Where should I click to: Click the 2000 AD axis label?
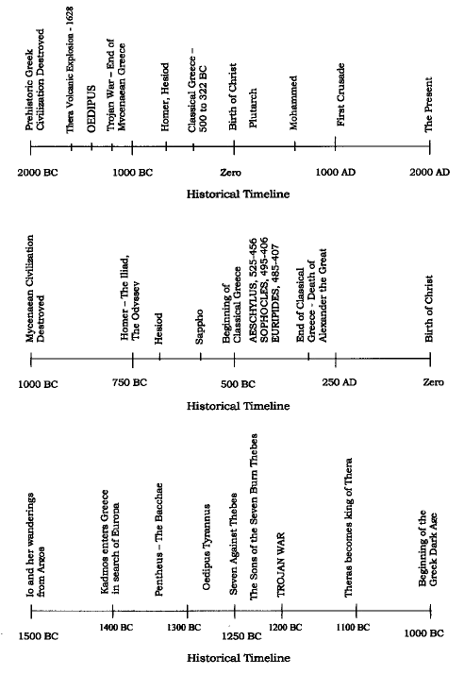click(x=429, y=173)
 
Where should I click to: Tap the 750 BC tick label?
click(x=129, y=382)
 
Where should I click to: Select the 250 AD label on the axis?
click(x=340, y=382)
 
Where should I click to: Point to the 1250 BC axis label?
click(x=241, y=636)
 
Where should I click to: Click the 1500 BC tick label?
click(x=39, y=636)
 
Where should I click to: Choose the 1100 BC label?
click(x=353, y=628)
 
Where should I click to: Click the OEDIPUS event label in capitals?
click(x=91, y=109)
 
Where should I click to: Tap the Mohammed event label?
click(x=293, y=103)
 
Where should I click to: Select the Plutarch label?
click(x=253, y=109)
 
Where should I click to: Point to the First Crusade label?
click(x=340, y=94)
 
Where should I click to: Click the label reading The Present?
click(x=428, y=105)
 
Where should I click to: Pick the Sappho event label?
click(x=199, y=327)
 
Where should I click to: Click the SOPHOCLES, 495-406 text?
click(x=264, y=290)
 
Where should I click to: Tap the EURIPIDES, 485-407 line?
click(x=275, y=294)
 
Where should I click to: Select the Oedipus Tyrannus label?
click(x=207, y=548)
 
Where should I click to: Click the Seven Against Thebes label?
click(x=233, y=544)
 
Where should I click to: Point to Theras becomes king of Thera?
click(x=348, y=528)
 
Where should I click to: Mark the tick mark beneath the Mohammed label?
click(x=295, y=146)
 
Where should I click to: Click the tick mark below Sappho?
click(x=201, y=357)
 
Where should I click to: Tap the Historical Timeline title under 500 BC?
click(x=238, y=406)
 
